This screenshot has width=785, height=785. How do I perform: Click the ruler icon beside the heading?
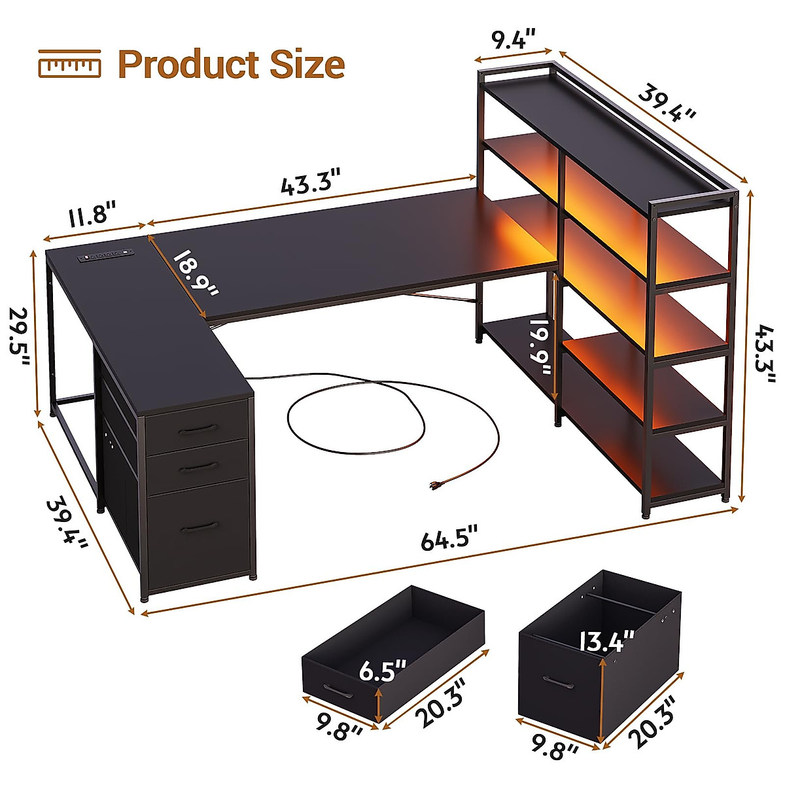coord(69,64)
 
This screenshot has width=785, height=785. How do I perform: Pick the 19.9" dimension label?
coord(542,347)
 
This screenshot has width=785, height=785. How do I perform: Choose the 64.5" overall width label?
coord(449,540)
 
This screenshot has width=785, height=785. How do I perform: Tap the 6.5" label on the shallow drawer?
coord(383,671)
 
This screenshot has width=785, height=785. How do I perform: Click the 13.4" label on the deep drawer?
coord(608,639)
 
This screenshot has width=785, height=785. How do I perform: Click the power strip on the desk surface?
coord(105,255)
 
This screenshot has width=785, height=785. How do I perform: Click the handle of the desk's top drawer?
coord(198,428)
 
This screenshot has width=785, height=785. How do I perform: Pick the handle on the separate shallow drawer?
coord(338,692)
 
